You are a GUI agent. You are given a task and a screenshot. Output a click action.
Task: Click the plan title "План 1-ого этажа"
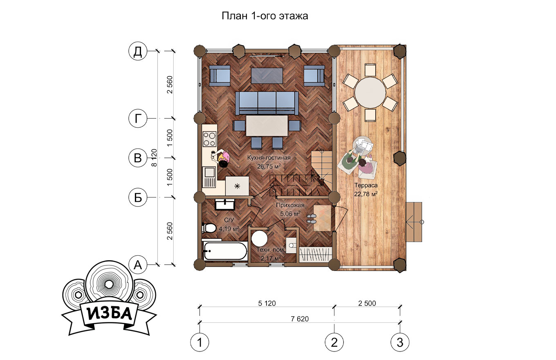coord(265,16)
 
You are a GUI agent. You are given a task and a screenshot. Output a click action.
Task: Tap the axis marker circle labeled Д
coord(138,52)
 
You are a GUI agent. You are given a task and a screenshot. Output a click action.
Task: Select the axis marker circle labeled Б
coord(138,198)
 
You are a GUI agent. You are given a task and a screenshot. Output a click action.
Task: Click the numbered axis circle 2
coord(334,342)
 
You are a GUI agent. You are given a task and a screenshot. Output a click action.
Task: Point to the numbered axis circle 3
coord(400,342)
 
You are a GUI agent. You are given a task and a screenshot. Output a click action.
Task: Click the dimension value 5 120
coord(267,304)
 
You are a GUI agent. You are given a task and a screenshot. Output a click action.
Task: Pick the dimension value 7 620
coord(300,319)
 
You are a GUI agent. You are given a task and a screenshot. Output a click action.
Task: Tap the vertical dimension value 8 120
coord(154,157)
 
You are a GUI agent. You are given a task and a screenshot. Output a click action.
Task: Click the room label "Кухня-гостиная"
coord(269,158)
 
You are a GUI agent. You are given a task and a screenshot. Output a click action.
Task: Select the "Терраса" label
coord(366,185)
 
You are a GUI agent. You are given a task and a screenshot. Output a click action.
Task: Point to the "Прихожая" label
coord(290,205)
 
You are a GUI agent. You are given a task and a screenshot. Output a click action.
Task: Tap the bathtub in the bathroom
coord(225,251)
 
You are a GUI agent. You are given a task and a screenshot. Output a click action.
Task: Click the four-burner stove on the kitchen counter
coord(209,139)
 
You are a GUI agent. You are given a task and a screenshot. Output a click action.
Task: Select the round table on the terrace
coord(370,93)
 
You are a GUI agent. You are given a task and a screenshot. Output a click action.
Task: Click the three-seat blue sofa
coord(267,103)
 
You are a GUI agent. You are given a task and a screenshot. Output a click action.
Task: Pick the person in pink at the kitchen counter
coord(223,159)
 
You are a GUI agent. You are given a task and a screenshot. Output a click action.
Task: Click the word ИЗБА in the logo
coord(109,314)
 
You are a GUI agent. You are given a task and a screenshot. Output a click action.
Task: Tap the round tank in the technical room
coord(259,238)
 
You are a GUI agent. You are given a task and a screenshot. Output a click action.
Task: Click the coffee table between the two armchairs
coord(267,76)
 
